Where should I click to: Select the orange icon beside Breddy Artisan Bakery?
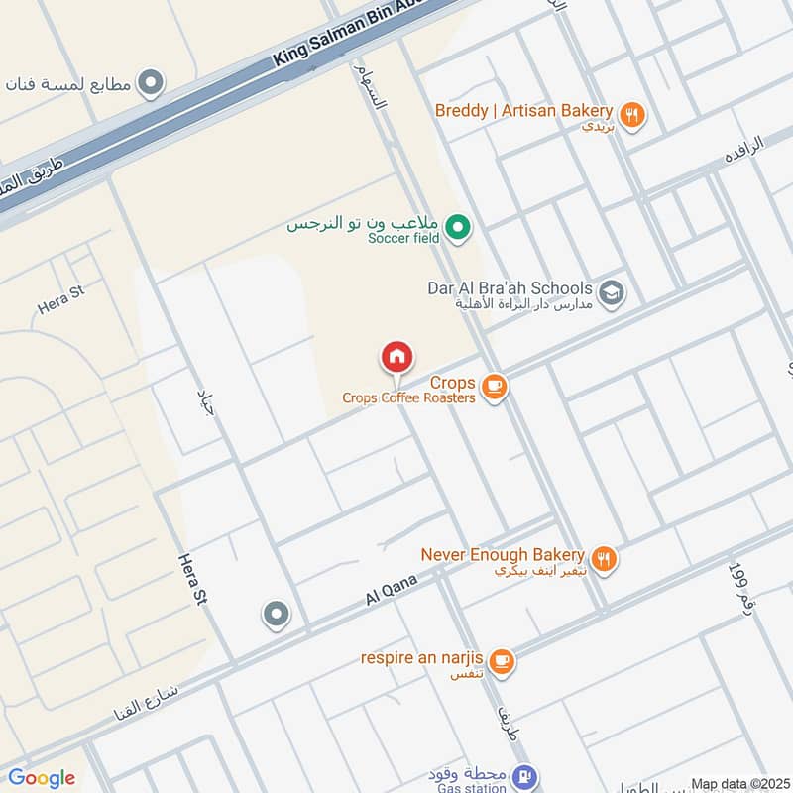632,114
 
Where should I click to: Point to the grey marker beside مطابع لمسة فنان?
151,83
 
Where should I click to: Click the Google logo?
42,778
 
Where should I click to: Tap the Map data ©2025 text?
739,784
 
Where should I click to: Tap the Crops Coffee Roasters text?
408,397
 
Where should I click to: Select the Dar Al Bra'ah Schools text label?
510,287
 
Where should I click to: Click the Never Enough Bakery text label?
503,555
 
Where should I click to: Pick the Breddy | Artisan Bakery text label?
523,110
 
